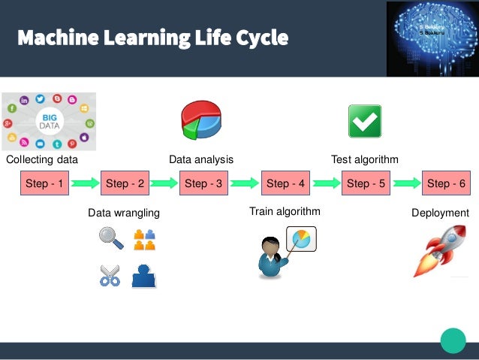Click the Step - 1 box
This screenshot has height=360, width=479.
pyautogui.click(x=44, y=183)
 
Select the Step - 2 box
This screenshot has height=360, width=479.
pyautogui.click(x=125, y=183)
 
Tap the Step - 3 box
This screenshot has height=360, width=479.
pyautogui.click(x=205, y=183)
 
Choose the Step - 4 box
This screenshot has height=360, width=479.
pyautogui.click(x=285, y=183)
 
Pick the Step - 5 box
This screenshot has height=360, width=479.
pyautogui.click(x=366, y=183)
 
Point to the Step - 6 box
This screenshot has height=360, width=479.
pyautogui.click(x=446, y=183)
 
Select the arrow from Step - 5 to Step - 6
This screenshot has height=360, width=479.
pyautogui.click(x=405, y=183)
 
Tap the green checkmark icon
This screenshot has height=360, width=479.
pyautogui.click(x=365, y=121)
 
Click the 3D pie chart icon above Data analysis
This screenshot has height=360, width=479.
pyautogui.click(x=200, y=121)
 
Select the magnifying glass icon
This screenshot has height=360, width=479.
pyautogui.click(x=110, y=238)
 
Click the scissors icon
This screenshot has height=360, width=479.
pyautogui.click(x=110, y=276)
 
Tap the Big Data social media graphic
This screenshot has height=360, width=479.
pyautogui.click(x=48, y=121)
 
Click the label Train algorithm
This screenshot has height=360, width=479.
pyautogui.click(x=285, y=212)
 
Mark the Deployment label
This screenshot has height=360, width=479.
pyautogui.click(x=440, y=213)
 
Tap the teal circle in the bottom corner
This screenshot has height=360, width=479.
pyautogui.click(x=453, y=340)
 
